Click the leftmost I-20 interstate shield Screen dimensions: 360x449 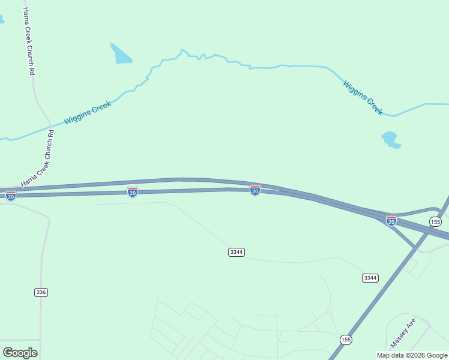tap(10, 196)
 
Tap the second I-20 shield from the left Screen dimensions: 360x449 tap(133, 191)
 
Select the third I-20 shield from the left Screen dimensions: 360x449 tap(255, 190)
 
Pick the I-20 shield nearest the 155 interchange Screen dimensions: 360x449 tap(391, 221)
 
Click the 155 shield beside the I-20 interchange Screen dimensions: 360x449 tap(436, 222)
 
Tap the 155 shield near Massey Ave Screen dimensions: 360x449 tap(346, 340)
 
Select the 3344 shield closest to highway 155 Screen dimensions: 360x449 tap(370, 277)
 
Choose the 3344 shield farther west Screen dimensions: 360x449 tap(237, 252)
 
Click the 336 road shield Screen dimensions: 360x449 tap(41, 292)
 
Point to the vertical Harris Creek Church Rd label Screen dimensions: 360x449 tap(28, 41)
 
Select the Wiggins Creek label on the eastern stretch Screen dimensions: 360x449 tap(363, 97)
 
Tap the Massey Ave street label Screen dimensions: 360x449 tap(403, 334)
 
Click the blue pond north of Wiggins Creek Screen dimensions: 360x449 tap(121, 54)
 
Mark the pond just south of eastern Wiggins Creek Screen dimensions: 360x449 tap(390, 139)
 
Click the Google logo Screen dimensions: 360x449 tap(20, 352)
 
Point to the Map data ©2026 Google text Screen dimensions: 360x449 tap(412, 355)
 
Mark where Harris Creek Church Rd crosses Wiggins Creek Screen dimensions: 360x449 tap(50, 126)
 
